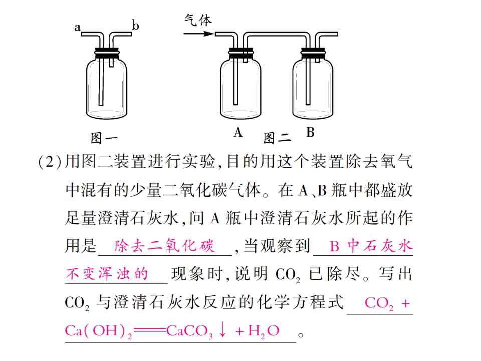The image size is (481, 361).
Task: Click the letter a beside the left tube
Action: tap(77, 28)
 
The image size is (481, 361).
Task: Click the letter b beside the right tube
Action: tap(135, 25)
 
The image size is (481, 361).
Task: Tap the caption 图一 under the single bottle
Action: tap(104, 138)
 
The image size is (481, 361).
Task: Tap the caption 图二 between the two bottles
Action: tap(277, 138)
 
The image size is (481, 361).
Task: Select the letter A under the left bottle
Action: tap(238, 132)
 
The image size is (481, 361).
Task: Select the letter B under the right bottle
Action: tap(310, 132)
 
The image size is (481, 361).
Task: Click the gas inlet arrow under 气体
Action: tap(199, 33)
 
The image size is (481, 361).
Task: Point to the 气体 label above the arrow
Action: tap(198, 20)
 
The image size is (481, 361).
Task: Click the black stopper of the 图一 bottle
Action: tap(106, 53)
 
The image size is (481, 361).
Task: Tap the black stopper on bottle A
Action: tap(241, 53)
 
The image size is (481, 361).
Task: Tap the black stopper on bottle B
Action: tap(313, 53)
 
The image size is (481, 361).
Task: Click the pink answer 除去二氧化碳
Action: tap(165, 246)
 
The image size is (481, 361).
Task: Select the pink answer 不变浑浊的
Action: tap(107, 274)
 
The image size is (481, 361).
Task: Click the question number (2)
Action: tap(50, 161)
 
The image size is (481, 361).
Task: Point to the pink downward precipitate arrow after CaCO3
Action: tap(223, 330)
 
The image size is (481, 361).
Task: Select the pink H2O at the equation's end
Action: tap(264, 331)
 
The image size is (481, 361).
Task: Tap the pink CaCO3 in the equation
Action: tap(190, 331)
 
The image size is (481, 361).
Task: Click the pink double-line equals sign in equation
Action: tap(150, 331)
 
